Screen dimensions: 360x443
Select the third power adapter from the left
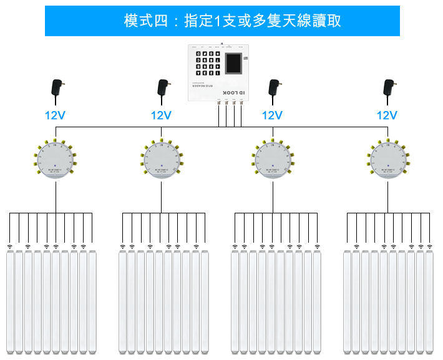coord(273,91)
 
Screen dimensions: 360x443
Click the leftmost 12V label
coord(55,115)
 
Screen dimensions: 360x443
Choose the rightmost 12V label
coord(387,115)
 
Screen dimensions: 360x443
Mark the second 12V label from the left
coord(161,115)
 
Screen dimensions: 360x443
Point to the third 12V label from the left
coord(272,115)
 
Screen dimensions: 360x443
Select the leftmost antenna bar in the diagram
coord(11,303)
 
